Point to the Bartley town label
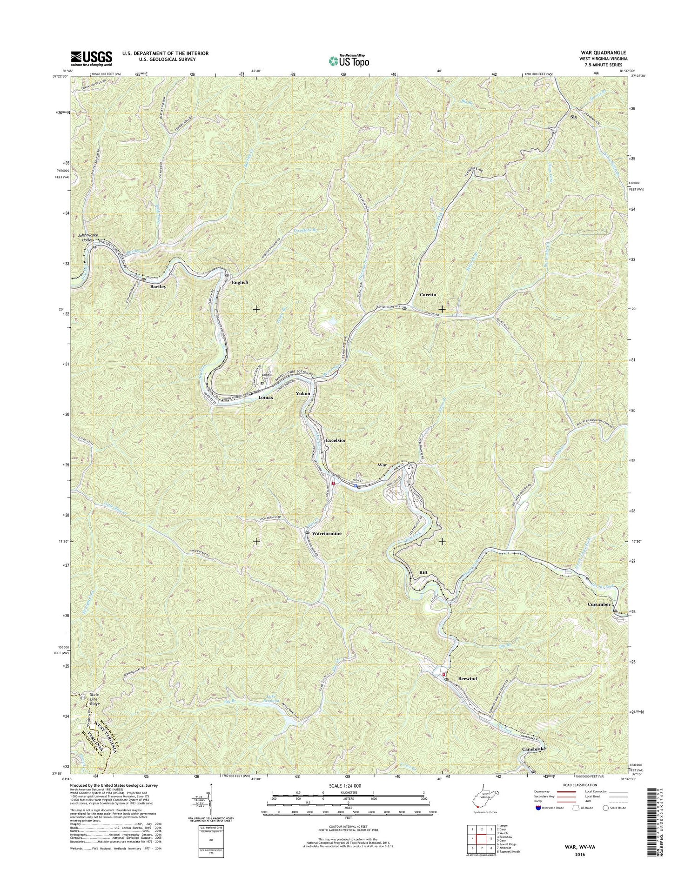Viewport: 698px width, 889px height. (x=158, y=287)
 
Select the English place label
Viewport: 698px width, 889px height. (x=240, y=282)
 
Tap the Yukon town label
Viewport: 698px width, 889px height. (x=303, y=394)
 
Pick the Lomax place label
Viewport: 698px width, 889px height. (x=266, y=398)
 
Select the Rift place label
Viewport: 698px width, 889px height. (x=423, y=572)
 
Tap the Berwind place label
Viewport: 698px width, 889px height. (x=467, y=679)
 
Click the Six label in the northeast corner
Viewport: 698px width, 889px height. (x=573, y=117)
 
